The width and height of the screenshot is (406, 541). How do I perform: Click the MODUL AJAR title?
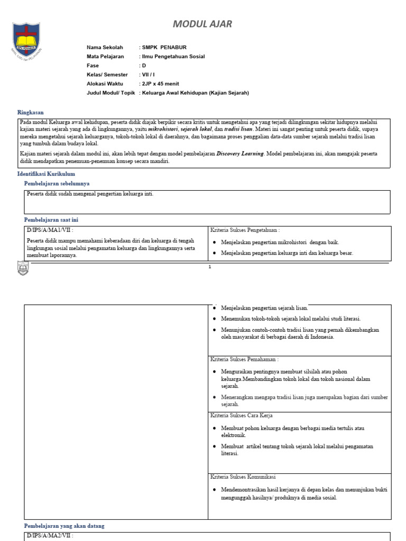click(203, 24)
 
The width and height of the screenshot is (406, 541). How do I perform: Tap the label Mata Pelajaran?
click(105, 57)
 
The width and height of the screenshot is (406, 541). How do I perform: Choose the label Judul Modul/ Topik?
click(111, 93)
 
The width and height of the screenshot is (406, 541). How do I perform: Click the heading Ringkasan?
click(31, 113)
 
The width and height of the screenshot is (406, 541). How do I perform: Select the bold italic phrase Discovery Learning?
click(240, 154)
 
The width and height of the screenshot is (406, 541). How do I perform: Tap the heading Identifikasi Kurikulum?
click(46, 173)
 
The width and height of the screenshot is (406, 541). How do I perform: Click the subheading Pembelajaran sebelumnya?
click(57, 183)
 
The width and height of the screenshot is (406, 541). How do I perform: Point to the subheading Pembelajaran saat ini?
click(51, 220)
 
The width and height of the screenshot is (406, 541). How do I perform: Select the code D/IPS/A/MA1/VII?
click(49, 230)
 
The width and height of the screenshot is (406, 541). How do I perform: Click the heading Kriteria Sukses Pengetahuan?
click(245, 230)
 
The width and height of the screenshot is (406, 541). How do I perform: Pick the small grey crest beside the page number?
click(23, 268)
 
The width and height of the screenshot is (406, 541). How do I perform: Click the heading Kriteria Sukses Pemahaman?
click(244, 359)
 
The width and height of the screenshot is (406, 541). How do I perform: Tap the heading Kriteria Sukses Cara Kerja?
click(242, 416)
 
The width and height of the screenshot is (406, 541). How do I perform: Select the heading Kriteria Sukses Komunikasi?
click(243, 477)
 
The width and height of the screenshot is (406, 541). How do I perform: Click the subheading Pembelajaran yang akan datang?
click(64, 526)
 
